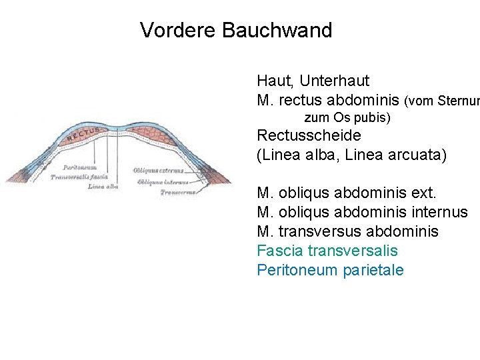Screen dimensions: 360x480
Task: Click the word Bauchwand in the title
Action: [277, 31]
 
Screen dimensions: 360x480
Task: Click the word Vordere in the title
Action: [179, 31]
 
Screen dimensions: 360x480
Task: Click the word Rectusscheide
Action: [309, 135]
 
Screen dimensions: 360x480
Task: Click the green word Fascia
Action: [278, 251]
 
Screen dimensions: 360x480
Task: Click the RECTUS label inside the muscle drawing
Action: [83, 135]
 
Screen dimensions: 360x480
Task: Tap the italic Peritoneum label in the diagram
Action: [79, 167]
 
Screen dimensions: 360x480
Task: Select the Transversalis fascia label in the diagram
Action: [79, 177]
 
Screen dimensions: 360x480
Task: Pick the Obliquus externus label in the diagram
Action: [158, 171]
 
